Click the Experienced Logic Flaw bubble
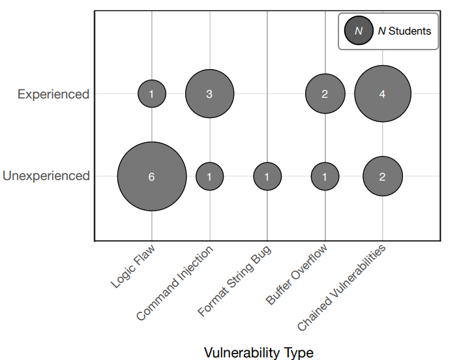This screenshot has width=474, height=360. coord(152,94)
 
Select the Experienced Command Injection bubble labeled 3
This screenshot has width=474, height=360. coord(209,94)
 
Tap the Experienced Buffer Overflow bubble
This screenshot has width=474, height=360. coord(325,94)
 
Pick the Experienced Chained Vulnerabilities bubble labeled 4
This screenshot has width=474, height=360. coord(383,94)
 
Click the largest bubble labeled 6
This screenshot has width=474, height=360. coord(152,176)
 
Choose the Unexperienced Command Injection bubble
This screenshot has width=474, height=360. coord(209,176)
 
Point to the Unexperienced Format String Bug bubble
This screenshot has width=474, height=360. coord(267,176)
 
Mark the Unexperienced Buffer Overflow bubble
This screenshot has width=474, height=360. coord(325,176)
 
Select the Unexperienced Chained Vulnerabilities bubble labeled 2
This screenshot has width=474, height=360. coord(383,176)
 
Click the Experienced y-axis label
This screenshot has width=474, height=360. coord(53,95)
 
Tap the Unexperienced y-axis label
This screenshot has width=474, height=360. coord(46,176)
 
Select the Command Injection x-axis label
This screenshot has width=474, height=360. coord(175,283)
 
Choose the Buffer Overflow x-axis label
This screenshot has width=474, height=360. coord(297,274)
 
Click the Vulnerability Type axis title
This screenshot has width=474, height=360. coord(259,353)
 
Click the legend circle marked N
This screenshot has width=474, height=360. coord(359,31)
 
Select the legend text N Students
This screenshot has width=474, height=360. coord(404,31)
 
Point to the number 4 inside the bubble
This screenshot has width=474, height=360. coord(383,94)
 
